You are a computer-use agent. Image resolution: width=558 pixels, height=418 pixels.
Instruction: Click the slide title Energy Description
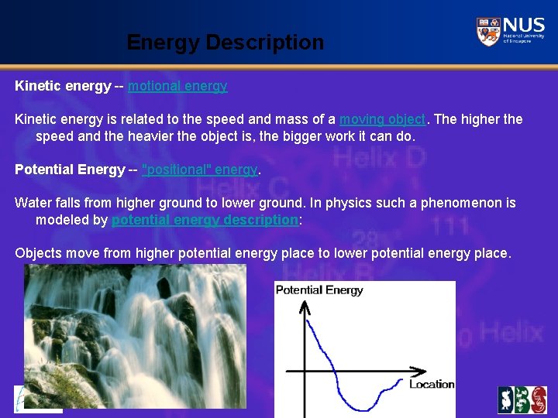[x=225, y=42]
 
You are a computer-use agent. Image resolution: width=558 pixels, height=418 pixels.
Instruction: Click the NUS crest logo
[x=488, y=32]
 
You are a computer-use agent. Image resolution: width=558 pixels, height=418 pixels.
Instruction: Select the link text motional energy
[x=177, y=86]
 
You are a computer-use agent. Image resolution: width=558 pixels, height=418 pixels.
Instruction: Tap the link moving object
[x=382, y=119]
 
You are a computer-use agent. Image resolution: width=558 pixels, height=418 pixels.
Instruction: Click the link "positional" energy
[x=200, y=170]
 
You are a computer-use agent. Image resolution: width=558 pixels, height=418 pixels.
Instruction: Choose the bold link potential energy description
[x=205, y=220]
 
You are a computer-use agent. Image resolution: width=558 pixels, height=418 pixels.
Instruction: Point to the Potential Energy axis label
[x=319, y=290]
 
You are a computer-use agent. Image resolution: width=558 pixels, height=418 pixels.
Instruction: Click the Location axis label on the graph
[x=431, y=384]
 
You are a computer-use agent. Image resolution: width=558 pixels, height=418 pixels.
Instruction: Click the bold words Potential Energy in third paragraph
[x=69, y=170]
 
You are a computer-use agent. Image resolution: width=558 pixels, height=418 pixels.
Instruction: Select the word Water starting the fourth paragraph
[x=33, y=203]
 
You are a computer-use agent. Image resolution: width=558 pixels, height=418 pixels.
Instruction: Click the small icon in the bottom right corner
[x=522, y=399]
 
